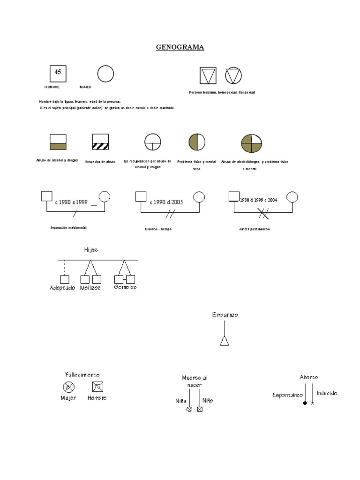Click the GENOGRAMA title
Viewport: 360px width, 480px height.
[x=180, y=47]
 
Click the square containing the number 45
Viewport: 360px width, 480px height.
[x=58, y=73]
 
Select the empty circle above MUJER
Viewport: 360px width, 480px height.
[x=105, y=74]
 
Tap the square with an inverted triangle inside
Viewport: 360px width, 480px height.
[x=208, y=75]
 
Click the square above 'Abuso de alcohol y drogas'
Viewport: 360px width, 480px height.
[x=58, y=142]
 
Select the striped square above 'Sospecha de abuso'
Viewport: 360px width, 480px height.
[x=100, y=142]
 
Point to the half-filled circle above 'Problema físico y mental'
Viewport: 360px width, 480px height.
[x=197, y=142]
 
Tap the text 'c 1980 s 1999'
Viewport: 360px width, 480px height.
[x=71, y=202]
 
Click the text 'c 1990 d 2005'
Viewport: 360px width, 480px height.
[x=166, y=202]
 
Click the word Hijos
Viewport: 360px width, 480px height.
[x=91, y=250]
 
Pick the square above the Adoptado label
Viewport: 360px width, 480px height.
[x=65, y=279]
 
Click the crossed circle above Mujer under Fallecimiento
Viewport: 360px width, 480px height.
[x=68, y=387]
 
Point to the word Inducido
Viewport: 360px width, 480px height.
[x=326, y=393]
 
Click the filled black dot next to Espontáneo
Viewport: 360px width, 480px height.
[x=305, y=403]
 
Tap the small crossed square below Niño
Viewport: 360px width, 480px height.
[x=200, y=409]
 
